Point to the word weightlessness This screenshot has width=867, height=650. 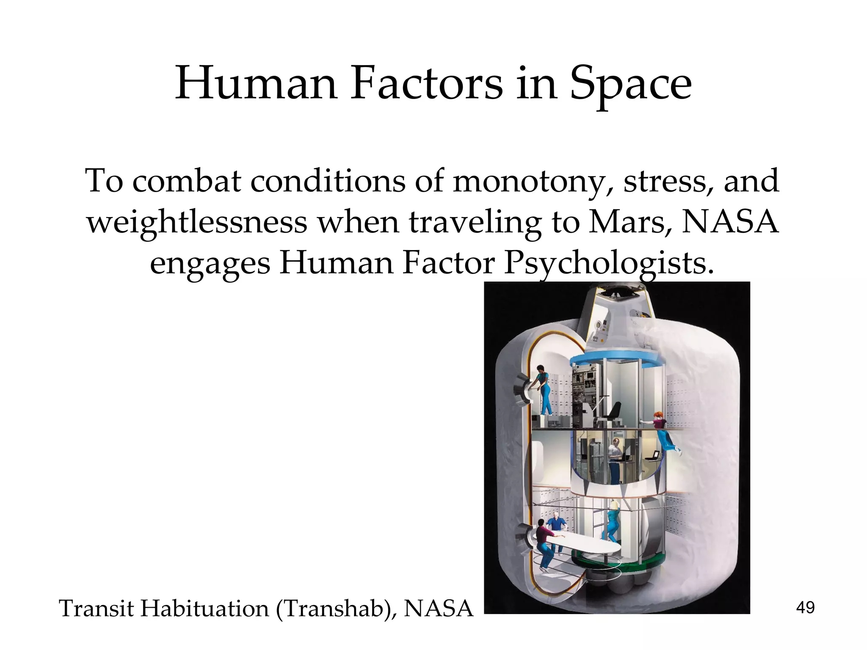tap(197, 222)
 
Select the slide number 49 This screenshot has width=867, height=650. tap(805, 608)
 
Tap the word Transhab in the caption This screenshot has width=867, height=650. tap(337, 609)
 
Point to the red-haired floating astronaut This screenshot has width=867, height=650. tap(661, 436)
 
